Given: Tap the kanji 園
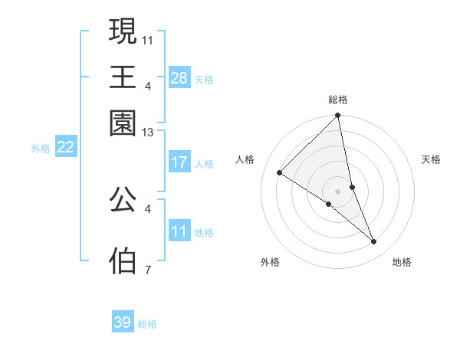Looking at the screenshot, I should pos(123,123).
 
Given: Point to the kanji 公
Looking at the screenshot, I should pos(123,199).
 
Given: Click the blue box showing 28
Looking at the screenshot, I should pos(179,77).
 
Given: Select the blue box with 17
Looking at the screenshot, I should pos(179,162).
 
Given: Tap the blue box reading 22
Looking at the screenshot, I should pos(65,147).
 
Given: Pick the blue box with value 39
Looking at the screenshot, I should pos(123,322).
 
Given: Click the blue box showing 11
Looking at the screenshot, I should pos(179,231).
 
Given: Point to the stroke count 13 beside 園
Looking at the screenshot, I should pos(148,133).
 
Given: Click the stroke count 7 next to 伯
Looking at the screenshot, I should pos(148,270).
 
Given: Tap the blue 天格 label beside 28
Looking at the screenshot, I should pos(204,79).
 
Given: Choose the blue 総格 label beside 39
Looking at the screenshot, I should pos(147,324).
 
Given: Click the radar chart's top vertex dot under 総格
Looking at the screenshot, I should pos(337,116).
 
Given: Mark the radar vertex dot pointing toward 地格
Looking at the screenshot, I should pos(374,242).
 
